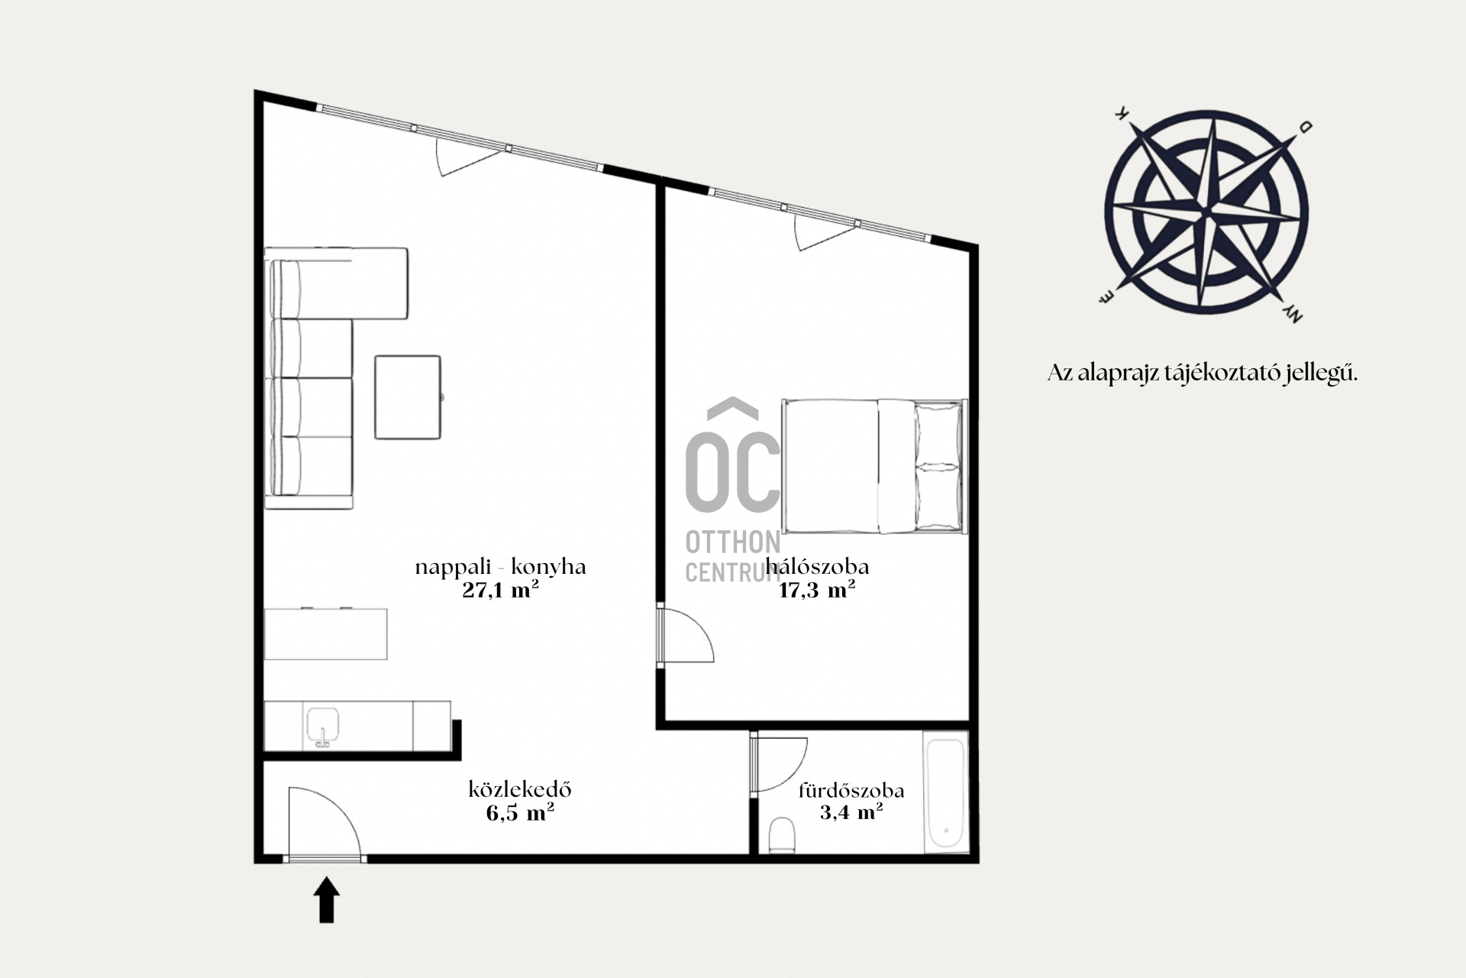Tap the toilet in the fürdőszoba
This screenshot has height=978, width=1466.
(782, 834)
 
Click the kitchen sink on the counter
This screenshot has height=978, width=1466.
(322, 726)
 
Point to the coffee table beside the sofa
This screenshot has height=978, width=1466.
(408, 397)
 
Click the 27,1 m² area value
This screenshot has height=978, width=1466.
(500, 590)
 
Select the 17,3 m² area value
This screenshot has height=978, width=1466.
(816, 590)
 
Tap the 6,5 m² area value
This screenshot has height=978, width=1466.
(520, 812)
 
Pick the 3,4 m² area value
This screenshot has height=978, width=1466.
(851, 811)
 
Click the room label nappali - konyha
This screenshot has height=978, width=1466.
(501, 567)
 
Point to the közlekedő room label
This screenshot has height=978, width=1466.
(520, 789)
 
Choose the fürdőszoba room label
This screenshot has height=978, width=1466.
(851, 790)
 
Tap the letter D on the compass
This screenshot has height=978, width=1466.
(1306, 127)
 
